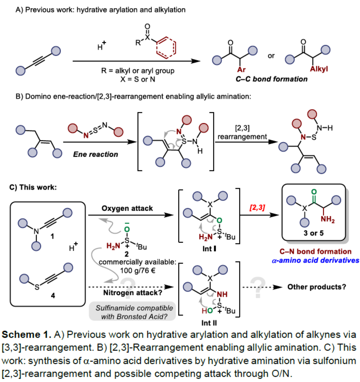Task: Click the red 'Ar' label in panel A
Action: coord(241,69)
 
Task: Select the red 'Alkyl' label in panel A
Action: coord(319,69)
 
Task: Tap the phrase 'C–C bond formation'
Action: coord(271,79)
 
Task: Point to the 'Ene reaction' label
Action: coord(96,154)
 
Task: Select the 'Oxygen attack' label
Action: coord(127,208)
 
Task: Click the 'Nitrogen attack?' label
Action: coord(132,292)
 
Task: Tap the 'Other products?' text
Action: coord(317,287)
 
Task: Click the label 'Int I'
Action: coord(209,249)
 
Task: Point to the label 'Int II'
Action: coord(209,323)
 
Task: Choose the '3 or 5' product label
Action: coord(313,233)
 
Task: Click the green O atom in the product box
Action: coord(314,192)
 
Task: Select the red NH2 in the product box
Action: coord(328,219)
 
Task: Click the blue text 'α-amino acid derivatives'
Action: coord(316,260)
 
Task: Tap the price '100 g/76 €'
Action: coord(138,271)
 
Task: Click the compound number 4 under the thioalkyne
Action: coord(53,296)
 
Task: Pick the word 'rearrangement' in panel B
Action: coord(242,137)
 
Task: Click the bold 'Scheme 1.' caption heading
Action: coord(26,334)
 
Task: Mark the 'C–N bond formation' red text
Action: coord(315,251)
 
